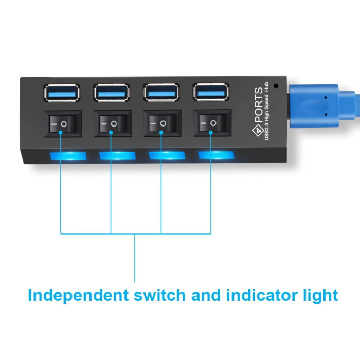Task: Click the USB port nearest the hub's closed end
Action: point(62,93)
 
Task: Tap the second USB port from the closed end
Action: point(112,93)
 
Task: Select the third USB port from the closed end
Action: point(161,92)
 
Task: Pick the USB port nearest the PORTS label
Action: point(211,92)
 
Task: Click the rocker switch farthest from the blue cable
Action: point(63,124)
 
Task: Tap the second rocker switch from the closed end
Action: point(113,123)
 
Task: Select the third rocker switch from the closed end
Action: point(163,123)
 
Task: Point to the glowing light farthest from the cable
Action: point(68,156)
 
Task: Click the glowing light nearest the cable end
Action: point(216,155)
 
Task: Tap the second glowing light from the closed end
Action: point(118,156)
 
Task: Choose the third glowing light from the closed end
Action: point(167,155)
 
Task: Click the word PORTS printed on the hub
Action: point(259,105)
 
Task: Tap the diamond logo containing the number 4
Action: point(258,131)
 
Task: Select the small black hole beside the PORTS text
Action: point(276,86)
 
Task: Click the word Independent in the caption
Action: point(78,296)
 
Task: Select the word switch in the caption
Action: point(159,295)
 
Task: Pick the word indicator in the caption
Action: point(262,295)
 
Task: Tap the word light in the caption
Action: point(321,296)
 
